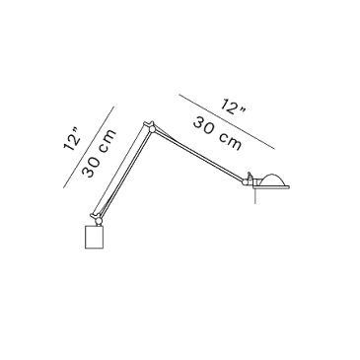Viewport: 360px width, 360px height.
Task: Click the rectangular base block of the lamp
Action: click(x=95, y=237)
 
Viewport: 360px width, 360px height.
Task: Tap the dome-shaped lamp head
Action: click(x=272, y=180)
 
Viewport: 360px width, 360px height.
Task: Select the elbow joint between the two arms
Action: click(x=152, y=129)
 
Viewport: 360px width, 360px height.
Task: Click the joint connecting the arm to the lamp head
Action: click(x=247, y=180)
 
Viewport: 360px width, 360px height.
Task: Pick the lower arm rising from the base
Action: click(x=122, y=171)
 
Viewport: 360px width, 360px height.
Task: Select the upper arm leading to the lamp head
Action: click(x=199, y=154)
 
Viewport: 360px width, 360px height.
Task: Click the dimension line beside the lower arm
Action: click(x=89, y=147)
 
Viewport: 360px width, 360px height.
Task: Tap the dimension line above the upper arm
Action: click(x=227, y=121)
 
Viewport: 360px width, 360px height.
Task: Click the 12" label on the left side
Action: click(x=73, y=140)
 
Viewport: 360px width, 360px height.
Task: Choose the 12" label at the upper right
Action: click(x=233, y=107)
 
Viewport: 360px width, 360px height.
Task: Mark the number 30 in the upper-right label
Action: click(x=205, y=126)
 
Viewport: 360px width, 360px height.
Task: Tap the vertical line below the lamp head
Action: click(x=255, y=196)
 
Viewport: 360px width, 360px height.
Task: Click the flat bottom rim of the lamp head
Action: click(x=271, y=187)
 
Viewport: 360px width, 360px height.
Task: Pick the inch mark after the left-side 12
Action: click(x=76, y=132)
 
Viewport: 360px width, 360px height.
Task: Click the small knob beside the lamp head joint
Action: click(x=250, y=176)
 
